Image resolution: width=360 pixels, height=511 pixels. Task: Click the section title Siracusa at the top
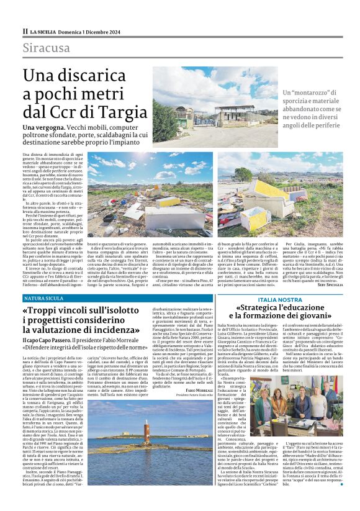[x=47, y=48]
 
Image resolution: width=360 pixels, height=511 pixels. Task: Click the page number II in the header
[x=25, y=30]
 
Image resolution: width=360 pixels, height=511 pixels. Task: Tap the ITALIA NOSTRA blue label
[x=280, y=299]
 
